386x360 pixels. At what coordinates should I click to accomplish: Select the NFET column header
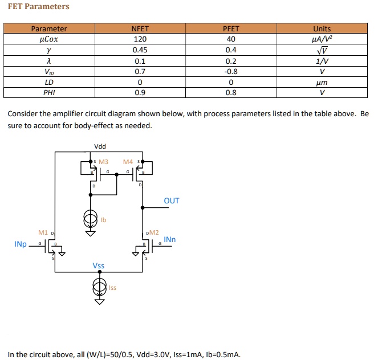[x=140, y=28]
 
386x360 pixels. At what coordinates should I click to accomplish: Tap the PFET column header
[x=231, y=28]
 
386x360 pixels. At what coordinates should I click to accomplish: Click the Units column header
[x=322, y=28]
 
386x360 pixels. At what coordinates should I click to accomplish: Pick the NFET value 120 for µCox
[x=140, y=39]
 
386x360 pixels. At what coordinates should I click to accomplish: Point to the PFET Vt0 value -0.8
[x=231, y=71]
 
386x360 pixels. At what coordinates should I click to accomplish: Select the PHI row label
[x=49, y=92]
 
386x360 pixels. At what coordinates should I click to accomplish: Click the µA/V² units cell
[x=322, y=39]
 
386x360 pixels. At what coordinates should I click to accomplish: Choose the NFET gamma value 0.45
[x=140, y=50]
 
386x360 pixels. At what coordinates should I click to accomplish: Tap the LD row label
[x=49, y=82]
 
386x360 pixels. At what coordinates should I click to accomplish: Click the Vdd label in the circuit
[x=100, y=147]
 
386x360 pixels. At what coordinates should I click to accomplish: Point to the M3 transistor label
[x=104, y=162]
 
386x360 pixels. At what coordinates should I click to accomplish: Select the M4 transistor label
[x=128, y=162]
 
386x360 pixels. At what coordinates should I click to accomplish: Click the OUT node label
[x=171, y=201]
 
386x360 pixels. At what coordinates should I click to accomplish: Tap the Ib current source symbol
[x=90, y=219]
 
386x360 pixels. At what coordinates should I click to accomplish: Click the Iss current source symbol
[x=100, y=286]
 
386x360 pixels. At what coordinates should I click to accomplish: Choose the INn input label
[x=170, y=239]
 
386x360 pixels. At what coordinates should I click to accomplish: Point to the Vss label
[x=99, y=266]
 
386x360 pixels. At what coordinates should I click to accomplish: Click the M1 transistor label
[x=43, y=232]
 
